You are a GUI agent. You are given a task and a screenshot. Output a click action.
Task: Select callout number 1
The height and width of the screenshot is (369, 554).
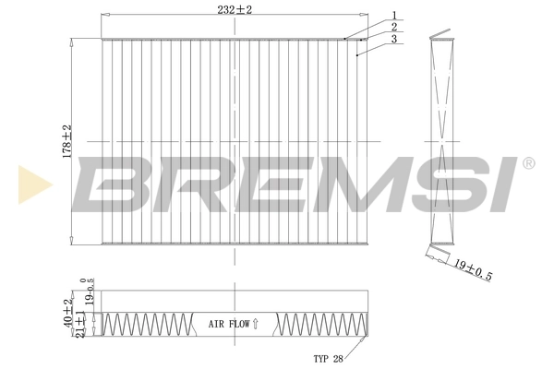(393, 15)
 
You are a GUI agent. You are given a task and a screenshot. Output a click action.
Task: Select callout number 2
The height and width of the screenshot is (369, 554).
(393, 28)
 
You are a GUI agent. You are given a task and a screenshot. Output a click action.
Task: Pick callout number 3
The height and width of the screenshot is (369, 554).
(393, 40)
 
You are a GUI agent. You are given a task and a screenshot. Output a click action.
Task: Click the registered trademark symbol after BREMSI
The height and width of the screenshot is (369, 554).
(528, 163)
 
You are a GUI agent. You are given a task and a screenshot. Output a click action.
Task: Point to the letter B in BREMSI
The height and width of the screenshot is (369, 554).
(109, 181)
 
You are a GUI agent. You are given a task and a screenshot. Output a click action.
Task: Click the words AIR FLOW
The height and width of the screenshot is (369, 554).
(228, 324)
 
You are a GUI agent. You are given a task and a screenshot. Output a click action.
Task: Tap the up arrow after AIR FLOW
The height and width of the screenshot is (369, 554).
(256, 324)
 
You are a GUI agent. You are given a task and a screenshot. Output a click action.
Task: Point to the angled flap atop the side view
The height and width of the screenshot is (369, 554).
(444, 39)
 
